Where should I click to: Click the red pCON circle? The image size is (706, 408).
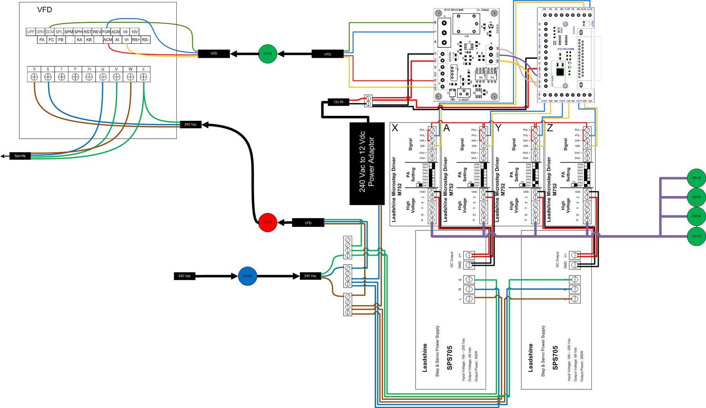(x=267, y=223)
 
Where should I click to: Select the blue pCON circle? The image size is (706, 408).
(x=248, y=276)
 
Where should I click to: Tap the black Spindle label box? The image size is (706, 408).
(x=20, y=156)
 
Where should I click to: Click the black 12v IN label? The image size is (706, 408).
(x=338, y=102)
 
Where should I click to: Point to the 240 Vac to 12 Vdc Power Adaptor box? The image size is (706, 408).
(x=367, y=164)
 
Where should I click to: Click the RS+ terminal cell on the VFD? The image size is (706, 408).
(x=136, y=40)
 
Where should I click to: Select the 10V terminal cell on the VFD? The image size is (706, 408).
(x=134, y=32)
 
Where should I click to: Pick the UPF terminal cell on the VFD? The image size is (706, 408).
(x=31, y=32)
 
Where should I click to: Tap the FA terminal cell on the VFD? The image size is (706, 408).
(x=42, y=40)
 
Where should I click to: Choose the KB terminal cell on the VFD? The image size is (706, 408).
(x=89, y=40)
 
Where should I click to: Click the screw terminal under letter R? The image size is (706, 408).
(x=34, y=77)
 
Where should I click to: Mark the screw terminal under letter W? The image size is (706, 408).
(x=130, y=77)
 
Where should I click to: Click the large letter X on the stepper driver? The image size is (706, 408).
(x=395, y=128)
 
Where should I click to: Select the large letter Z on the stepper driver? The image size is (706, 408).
(x=550, y=128)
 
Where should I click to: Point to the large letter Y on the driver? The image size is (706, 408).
(x=499, y=128)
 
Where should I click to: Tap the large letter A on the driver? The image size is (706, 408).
(x=446, y=128)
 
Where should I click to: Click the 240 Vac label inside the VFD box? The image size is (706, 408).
(x=190, y=124)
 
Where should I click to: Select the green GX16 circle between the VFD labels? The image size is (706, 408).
(x=267, y=54)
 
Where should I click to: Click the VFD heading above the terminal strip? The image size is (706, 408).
(x=44, y=10)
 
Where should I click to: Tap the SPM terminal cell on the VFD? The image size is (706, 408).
(x=68, y=32)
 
